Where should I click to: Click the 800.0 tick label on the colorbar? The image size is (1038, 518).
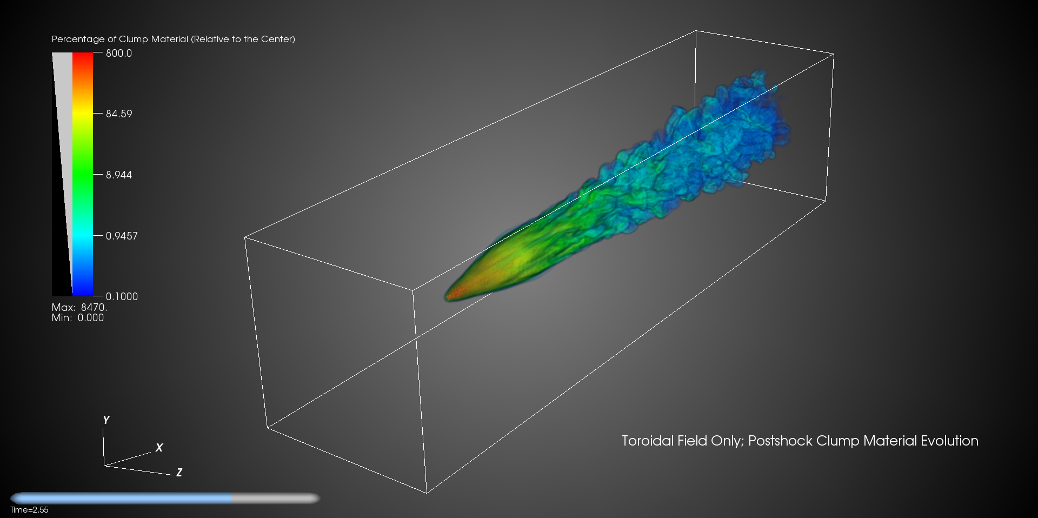119,53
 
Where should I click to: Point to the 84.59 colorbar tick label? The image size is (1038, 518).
119,114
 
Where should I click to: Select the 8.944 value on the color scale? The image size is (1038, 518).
119,175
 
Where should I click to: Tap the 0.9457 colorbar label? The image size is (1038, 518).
122,236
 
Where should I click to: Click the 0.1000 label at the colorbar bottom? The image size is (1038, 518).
122,296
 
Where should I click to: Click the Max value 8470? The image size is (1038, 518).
94,307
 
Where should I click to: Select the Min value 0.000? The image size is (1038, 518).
91,318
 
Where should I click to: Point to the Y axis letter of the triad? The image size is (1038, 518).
106,420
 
